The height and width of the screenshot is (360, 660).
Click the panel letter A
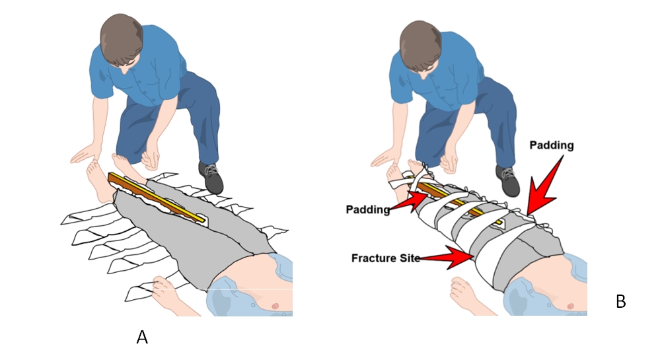(x=142, y=337)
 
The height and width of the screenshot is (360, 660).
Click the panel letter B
(x=620, y=302)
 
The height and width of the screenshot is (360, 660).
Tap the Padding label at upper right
(x=552, y=145)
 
